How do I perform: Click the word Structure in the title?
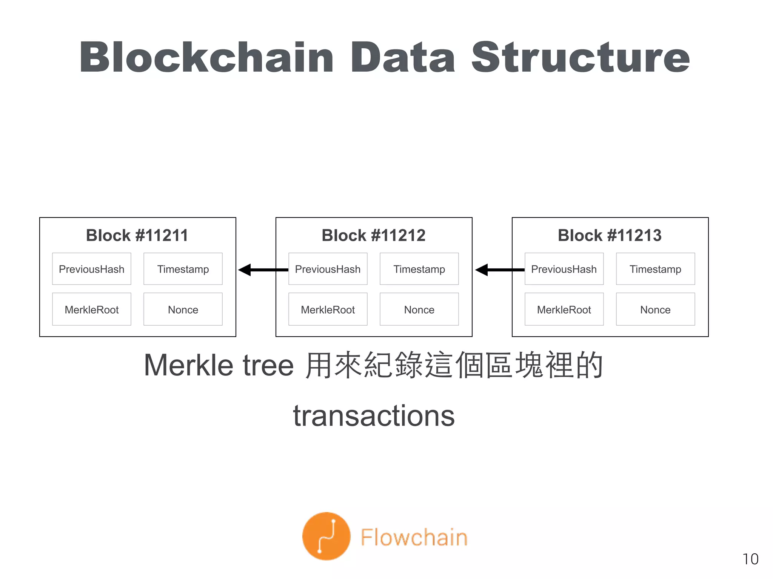point(581,57)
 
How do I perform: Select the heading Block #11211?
point(137,236)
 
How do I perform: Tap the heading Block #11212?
point(374,236)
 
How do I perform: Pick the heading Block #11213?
point(610,236)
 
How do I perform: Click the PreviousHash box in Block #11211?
point(92,269)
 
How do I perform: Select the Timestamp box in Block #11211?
point(183,269)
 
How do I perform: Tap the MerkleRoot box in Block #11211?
point(92,309)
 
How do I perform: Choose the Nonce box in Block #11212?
point(419,309)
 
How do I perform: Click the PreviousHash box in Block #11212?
point(328,269)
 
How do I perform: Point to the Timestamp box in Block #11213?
point(655,269)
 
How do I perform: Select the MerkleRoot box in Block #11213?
point(564,309)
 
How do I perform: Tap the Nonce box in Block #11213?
point(655,309)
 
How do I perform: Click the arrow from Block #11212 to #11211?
point(263,270)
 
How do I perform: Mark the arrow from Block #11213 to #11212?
point(499,270)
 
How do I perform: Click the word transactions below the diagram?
point(374,416)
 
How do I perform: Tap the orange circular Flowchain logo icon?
point(326,536)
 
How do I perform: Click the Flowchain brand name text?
point(414,537)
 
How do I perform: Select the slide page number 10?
point(750,559)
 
